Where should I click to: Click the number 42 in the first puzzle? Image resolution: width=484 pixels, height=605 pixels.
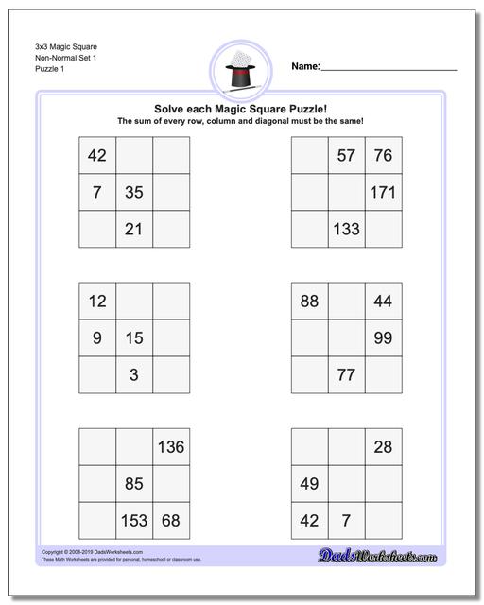click(x=97, y=156)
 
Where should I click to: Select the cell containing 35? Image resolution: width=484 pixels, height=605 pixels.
click(x=134, y=193)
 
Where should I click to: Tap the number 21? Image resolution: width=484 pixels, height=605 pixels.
click(x=134, y=229)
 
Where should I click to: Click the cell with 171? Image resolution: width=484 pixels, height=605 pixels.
click(x=383, y=193)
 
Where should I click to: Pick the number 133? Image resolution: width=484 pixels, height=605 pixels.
click(x=346, y=229)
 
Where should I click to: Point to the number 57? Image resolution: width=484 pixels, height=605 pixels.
click(x=346, y=156)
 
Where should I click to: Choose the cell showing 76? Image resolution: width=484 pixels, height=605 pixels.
click(x=383, y=156)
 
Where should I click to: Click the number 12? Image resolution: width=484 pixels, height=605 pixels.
click(x=97, y=302)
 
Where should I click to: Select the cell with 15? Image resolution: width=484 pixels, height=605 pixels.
click(x=134, y=337)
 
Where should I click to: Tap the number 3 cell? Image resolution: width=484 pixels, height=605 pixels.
click(x=134, y=374)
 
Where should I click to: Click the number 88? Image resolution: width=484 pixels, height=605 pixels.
click(x=309, y=302)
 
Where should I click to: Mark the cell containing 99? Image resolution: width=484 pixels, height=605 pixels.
click(x=383, y=337)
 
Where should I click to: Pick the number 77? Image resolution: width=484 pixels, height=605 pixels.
click(x=346, y=374)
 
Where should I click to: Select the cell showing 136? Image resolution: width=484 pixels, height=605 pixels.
click(x=171, y=447)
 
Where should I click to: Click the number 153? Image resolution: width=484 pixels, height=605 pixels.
click(x=134, y=520)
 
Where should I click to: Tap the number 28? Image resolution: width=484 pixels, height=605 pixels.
click(x=383, y=447)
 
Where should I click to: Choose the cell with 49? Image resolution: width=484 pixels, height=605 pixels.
click(x=309, y=484)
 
